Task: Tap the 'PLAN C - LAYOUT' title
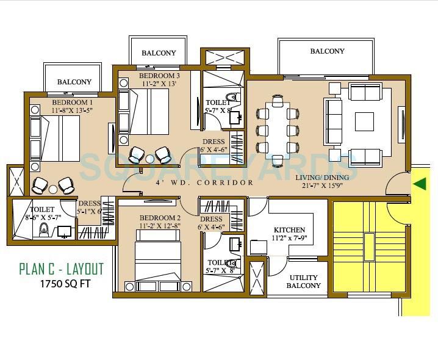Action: [x=61, y=268]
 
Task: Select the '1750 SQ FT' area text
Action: [x=67, y=284]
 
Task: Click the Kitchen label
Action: [x=285, y=229]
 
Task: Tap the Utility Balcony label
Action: [x=304, y=281]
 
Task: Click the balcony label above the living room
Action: [x=327, y=52]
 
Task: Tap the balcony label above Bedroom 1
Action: [x=74, y=82]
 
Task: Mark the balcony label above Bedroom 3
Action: [x=159, y=53]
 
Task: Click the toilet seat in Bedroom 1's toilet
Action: [x=43, y=231]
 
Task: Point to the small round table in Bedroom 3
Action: [x=150, y=159]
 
